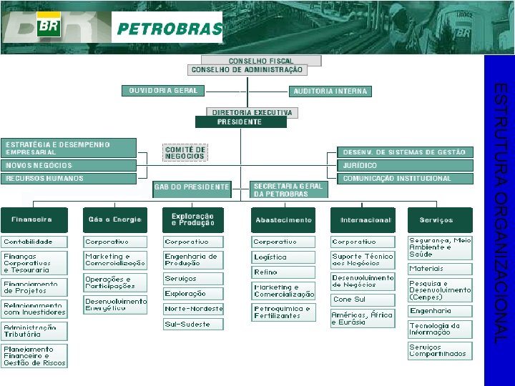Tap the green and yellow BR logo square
pos(49,26)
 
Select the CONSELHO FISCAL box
pos(261,61)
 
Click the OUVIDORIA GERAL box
pos(164,91)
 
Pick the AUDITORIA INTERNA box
pos(330,91)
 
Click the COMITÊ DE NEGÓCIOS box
pos(185,152)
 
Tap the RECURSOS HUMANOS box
pos(69,179)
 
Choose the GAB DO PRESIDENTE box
pos(192,188)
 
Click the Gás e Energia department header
pos(114,219)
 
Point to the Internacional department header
pos(366,220)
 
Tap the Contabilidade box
pos(34,242)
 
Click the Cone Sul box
pos(362,300)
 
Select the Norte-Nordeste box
pos(193,309)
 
